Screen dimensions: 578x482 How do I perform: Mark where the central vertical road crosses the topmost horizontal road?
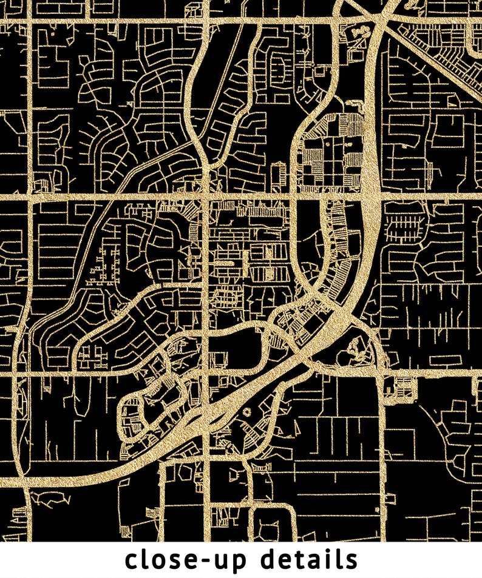(206, 21)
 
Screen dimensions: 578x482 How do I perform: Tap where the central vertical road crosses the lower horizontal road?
(206, 371)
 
